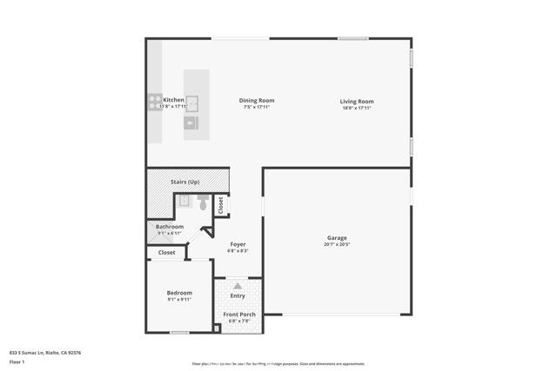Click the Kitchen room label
point(174,100)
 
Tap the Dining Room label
point(256,100)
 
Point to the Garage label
point(337,238)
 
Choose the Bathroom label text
point(170,227)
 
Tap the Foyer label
point(238,244)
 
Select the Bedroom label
point(179,293)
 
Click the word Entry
point(238,296)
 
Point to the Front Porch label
point(238,314)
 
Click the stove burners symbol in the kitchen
point(155,100)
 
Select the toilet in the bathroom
point(202,204)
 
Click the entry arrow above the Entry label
point(238,286)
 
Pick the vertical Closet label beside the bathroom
point(220,205)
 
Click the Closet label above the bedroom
point(166,253)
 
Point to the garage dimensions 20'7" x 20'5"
point(337,244)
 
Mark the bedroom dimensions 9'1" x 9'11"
point(179,300)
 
